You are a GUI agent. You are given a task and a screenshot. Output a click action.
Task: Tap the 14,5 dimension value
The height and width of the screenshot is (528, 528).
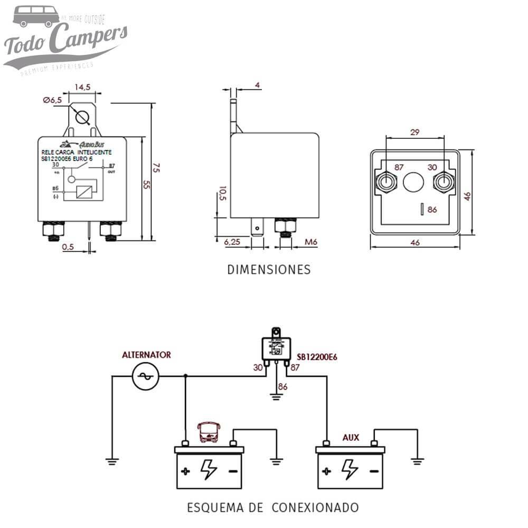pos(82,87)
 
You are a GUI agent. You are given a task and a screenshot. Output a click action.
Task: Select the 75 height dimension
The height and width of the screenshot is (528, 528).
pos(156,168)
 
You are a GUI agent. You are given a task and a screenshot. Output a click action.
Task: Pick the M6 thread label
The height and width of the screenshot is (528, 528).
pos(311,242)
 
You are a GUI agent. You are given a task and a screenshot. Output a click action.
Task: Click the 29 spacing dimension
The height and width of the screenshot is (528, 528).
pos(414,132)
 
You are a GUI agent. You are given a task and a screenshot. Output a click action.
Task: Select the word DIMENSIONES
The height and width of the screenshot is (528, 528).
pos(269,270)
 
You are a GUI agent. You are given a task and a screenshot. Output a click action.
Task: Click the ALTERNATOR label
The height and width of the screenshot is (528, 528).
pos(146,355)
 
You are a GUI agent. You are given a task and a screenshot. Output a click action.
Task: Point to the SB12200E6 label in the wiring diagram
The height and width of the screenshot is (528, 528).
pos(317,357)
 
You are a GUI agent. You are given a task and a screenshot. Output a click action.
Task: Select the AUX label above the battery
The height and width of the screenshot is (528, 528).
pos(351,437)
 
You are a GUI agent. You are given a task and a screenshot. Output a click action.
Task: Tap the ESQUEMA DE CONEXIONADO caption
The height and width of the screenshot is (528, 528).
pos(273,508)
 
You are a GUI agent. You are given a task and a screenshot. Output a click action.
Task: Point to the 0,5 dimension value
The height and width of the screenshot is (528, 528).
pos(68,247)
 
